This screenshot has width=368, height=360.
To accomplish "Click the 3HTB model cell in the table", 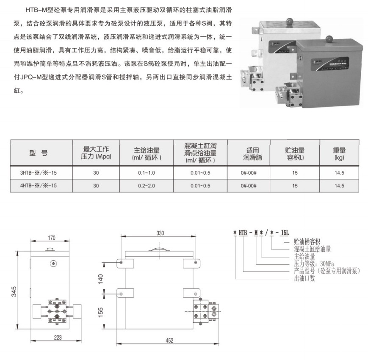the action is click(x=39, y=173).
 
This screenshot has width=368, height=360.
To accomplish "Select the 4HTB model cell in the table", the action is click(x=39, y=186).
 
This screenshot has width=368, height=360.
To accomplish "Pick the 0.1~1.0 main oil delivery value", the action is click(x=147, y=173).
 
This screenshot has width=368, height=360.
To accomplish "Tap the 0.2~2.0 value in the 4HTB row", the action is click(x=147, y=186).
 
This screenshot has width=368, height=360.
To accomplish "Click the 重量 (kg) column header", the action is click(x=339, y=154).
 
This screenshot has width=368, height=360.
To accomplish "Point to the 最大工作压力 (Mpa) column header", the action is click(x=96, y=153).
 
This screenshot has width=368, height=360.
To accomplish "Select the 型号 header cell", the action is click(x=39, y=153).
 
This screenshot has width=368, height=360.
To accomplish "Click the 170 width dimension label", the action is click(x=52, y=238).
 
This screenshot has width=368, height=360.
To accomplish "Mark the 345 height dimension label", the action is click(x=14, y=291).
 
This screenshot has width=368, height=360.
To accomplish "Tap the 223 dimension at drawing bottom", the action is click(x=58, y=338).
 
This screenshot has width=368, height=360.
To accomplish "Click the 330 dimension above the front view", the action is click(x=160, y=233).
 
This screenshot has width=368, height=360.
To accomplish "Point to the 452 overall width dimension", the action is click(x=169, y=341).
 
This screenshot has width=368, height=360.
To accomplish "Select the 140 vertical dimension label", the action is click(x=100, y=279).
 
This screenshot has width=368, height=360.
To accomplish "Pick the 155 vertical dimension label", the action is click(x=100, y=313).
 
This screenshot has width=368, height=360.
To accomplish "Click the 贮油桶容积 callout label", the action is click(x=307, y=242).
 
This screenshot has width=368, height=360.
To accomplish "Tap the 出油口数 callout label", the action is click(x=304, y=278).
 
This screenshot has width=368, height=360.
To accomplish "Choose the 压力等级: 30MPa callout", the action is click(x=314, y=264).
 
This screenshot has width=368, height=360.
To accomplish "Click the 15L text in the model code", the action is click(x=285, y=233).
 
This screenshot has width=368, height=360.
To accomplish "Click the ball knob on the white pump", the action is click(x=289, y=21).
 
